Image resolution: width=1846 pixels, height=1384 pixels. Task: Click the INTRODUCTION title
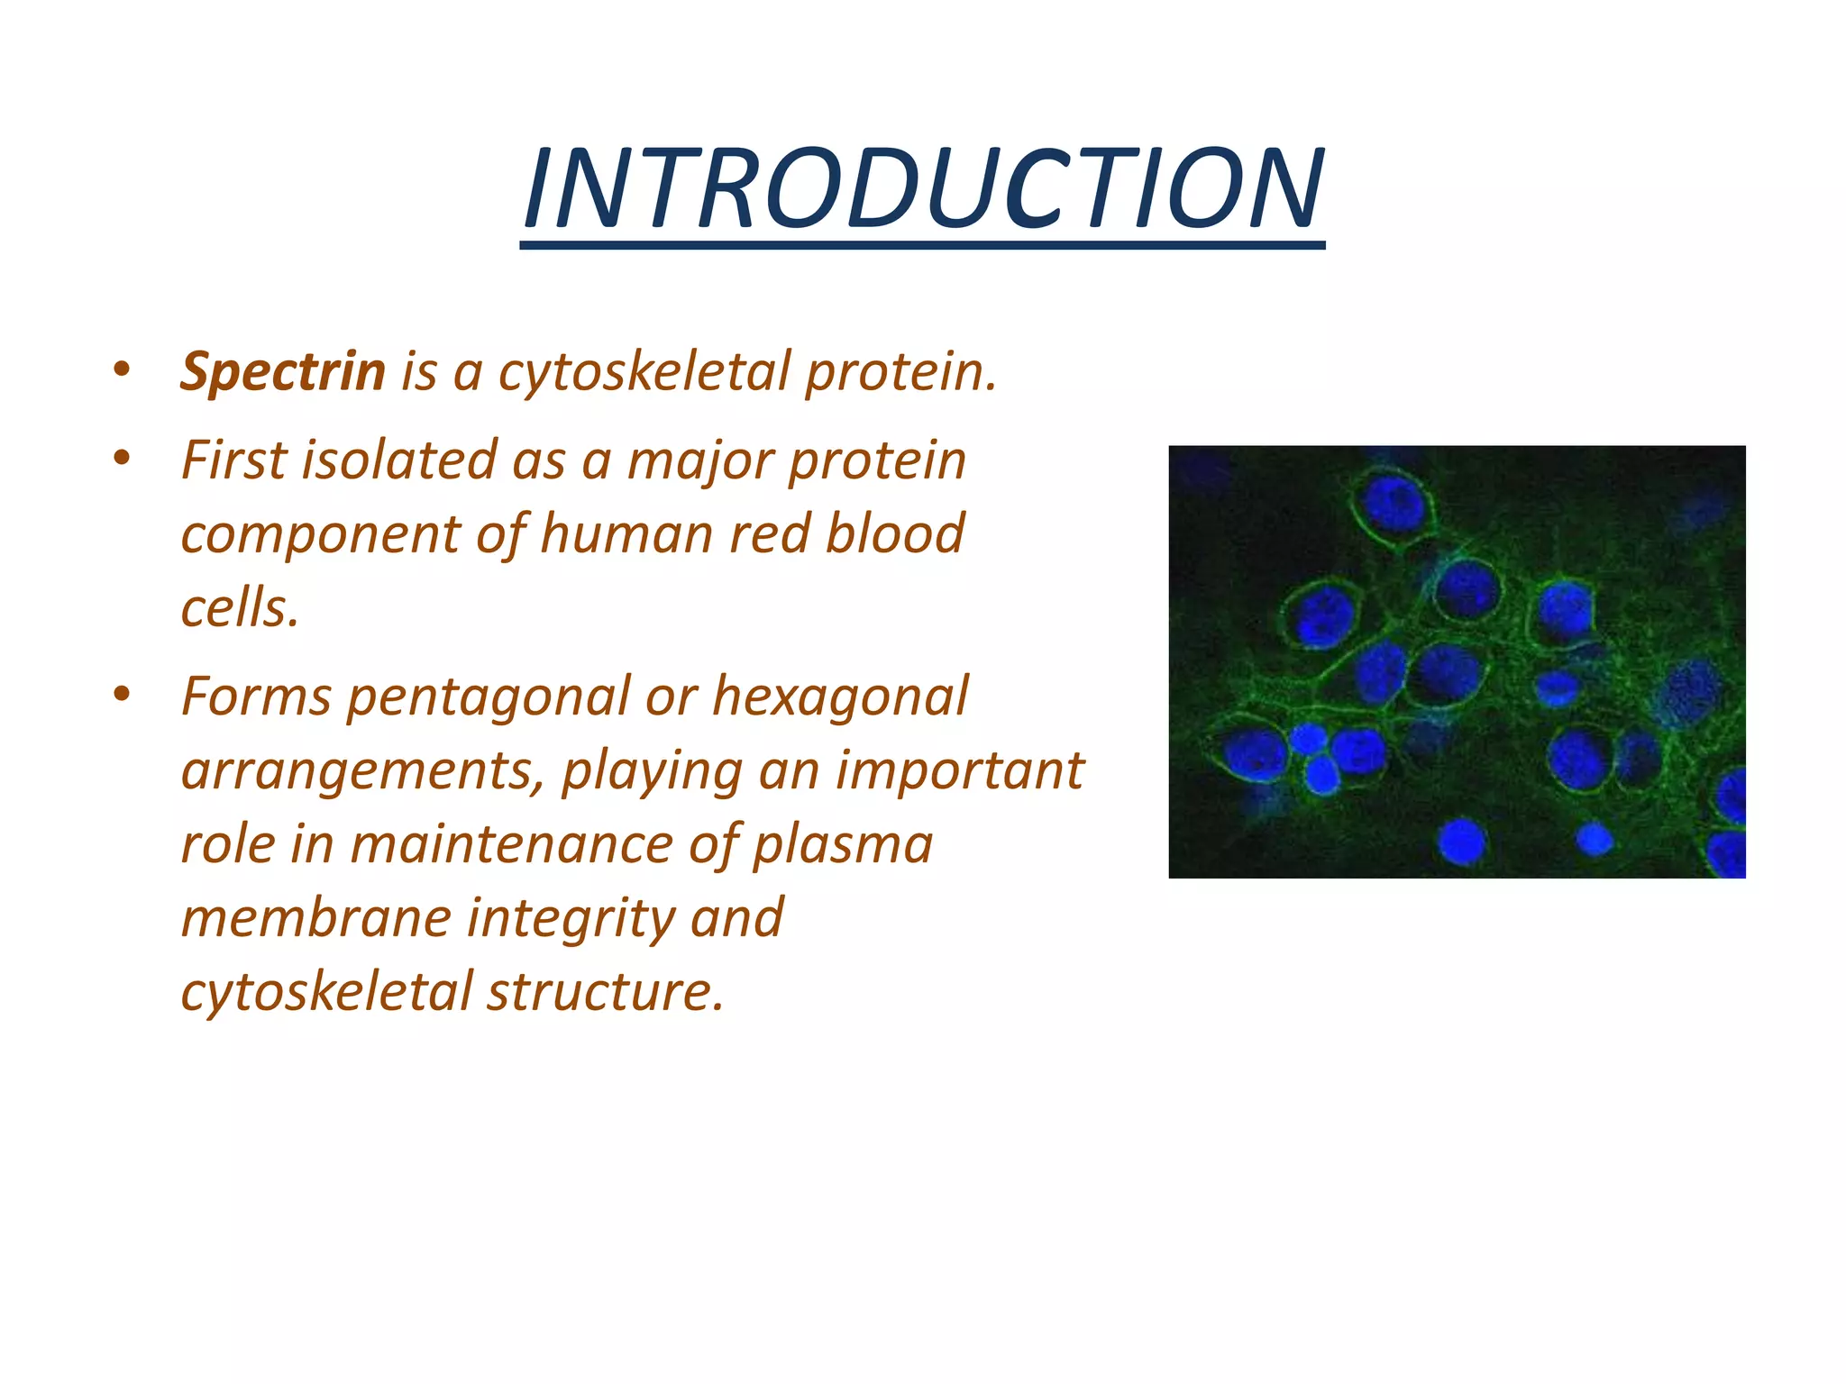pyautogui.click(x=923, y=189)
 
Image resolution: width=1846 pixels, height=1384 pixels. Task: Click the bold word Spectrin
pyautogui.click(x=282, y=371)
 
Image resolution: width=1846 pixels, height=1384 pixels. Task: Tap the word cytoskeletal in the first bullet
pyautogui.click(x=644, y=371)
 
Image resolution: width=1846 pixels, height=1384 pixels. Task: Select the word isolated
pyautogui.click(x=398, y=460)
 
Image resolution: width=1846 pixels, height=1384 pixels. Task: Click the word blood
pyautogui.click(x=895, y=533)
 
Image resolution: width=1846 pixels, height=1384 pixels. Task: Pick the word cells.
pyautogui.click(x=239, y=608)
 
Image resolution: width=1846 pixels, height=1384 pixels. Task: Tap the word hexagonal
pyautogui.click(x=840, y=697)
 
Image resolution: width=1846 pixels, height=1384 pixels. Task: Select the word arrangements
pyautogui.click(x=362, y=770)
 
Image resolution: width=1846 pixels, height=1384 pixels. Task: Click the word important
pyautogui.click(x=959, y=770)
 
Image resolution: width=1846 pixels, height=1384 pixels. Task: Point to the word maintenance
pyautogui.click(x=511, y=844)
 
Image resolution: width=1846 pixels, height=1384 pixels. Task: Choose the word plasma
pyautogui.click(x=843, y=844)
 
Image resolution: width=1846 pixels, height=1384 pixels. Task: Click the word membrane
pyautogui.click(x=315, y=918)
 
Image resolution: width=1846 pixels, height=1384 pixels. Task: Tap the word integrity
pyautogui.click(x=571, y=918)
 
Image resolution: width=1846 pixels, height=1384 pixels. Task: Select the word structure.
pyautogui.click(x=606, y=991)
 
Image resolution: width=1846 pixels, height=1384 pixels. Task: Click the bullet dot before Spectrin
pyautogui.click(x=123, y=369)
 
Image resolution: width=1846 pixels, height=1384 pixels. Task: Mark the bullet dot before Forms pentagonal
pyautogui.click(x=123, y=694)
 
